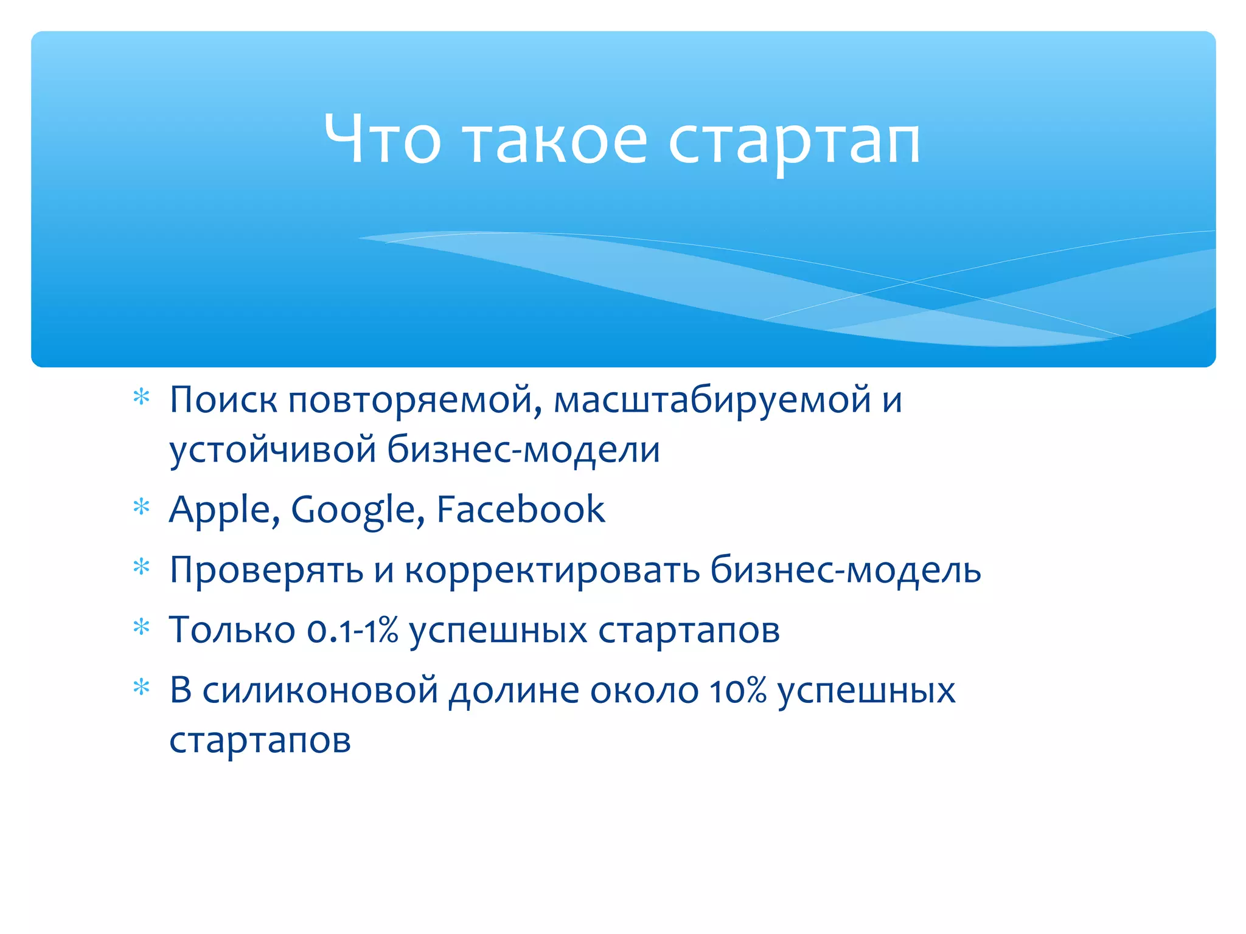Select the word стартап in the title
click(794, 144)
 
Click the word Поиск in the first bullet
click(223, 401)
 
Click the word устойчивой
click(273, 451)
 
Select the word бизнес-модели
click(523, 451)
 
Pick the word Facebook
click(521, 510)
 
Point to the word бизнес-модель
click(846, 570)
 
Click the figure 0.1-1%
click(352, 631)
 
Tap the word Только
click(232, 631)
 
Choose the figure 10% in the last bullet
click(738, 691)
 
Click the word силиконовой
click(320, 691)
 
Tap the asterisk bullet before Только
click(141, 627)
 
